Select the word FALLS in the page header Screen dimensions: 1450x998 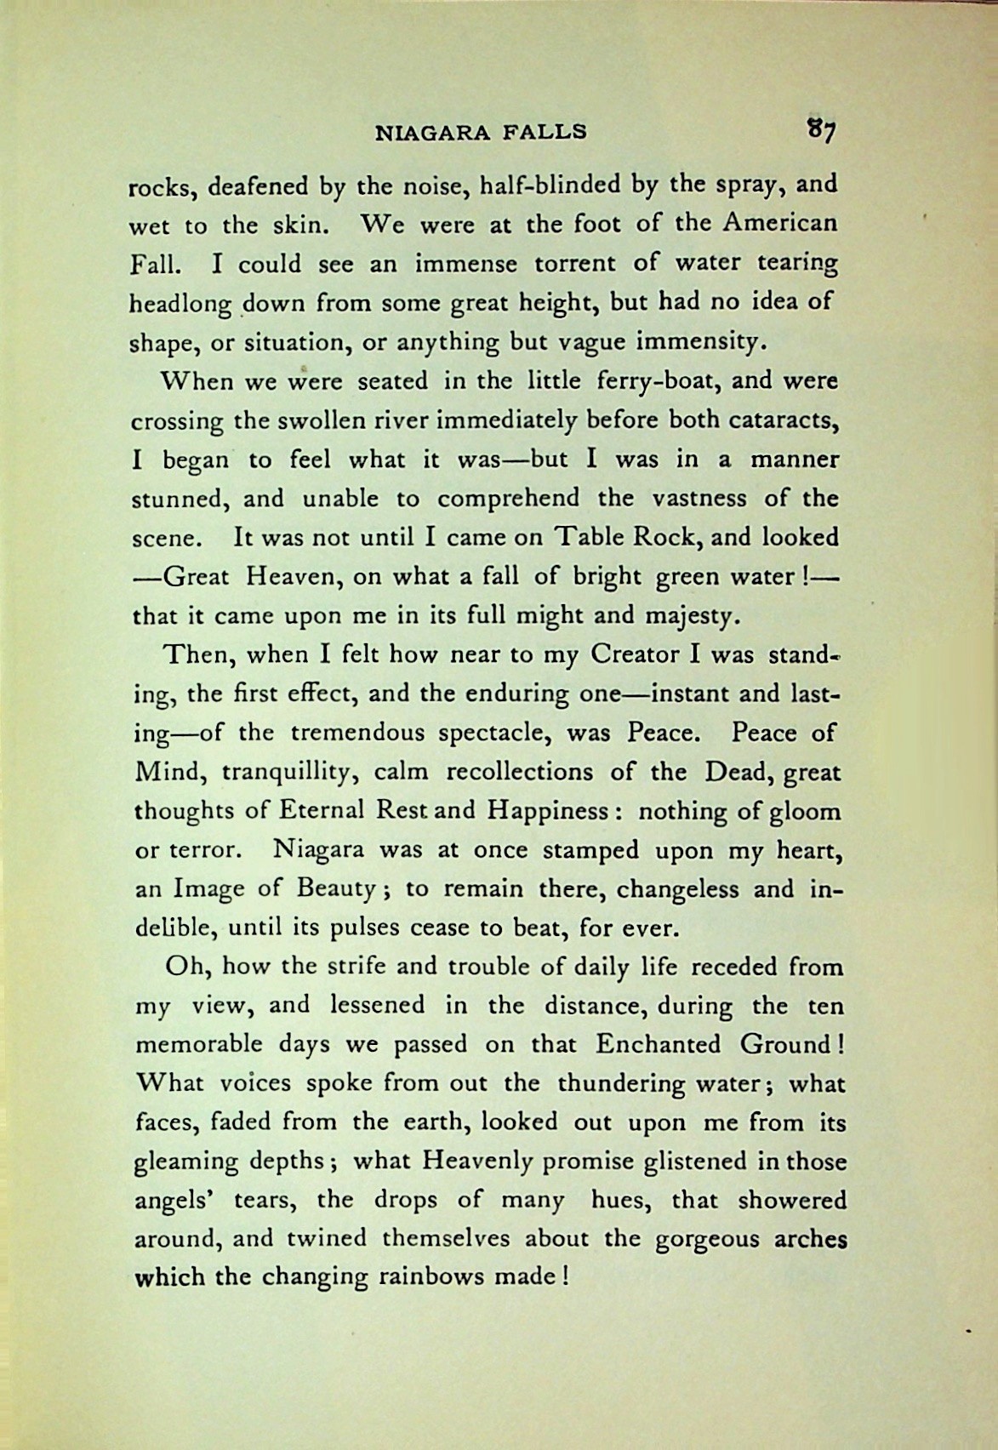(x=545, y=132)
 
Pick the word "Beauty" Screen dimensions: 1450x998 (x=336, y=889)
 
